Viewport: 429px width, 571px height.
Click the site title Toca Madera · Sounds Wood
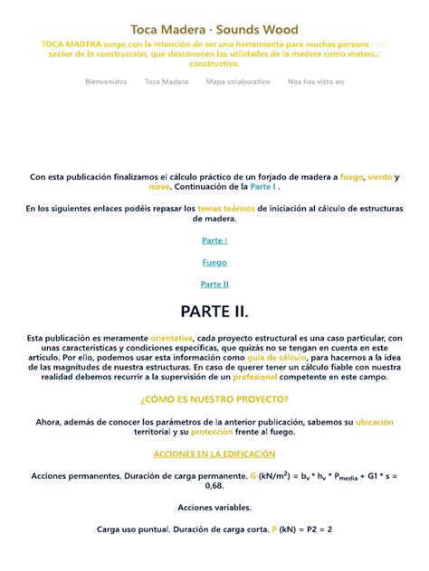coord(214,30)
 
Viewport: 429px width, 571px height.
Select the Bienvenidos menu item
coord(107,81)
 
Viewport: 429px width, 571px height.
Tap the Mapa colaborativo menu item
coord(238,81)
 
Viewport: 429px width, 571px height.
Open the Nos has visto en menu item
coord(316,81)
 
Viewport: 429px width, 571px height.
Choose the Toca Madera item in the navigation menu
coord(167,81)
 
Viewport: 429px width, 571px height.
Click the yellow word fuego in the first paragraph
coord(352,177)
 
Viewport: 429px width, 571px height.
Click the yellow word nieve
coord(159,187)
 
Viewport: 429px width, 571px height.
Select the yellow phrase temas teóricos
coord(226,209)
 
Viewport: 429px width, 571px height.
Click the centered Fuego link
coord(214,262)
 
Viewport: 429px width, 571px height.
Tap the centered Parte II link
coord(214,284)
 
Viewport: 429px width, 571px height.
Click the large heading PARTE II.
coord(214,312)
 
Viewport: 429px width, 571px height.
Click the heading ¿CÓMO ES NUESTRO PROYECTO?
coord(214,399)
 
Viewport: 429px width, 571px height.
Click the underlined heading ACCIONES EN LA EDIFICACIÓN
coord(214,454)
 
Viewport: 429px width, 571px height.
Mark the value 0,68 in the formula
coord(214,485)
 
